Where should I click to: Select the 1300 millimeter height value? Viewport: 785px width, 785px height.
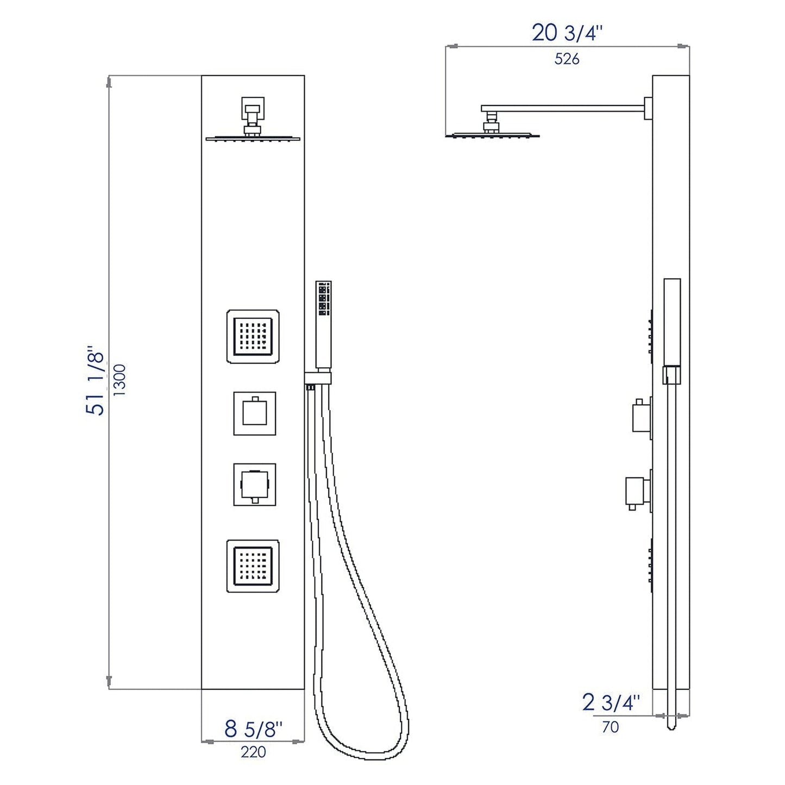tap(120, 380)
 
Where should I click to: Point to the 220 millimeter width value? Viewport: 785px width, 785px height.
tap(253, 752)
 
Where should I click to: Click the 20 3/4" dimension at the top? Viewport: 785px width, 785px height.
tap(567, 34)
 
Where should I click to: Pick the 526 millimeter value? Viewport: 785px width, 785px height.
tap(567, 59)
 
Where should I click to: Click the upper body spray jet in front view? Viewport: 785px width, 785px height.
tap(253, 336)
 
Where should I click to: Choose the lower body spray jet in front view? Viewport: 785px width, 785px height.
tap(253, 566)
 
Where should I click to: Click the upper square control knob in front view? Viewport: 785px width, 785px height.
tap(254, 413)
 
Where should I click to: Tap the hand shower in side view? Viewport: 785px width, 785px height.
tap(672, 326)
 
